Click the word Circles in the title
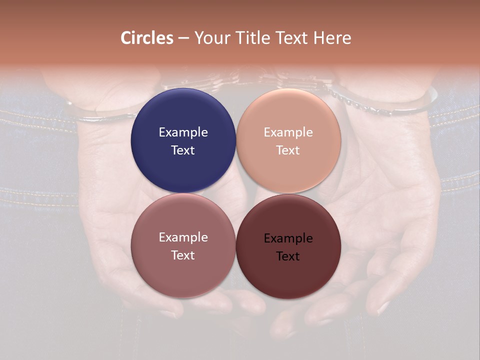146,38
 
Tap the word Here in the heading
332,38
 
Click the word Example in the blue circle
183,132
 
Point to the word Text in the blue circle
183,150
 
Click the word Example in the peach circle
288,132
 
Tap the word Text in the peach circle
288,150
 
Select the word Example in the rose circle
183,237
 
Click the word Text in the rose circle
183,255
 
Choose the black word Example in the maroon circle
288,238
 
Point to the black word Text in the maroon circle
288,256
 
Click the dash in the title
183,38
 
